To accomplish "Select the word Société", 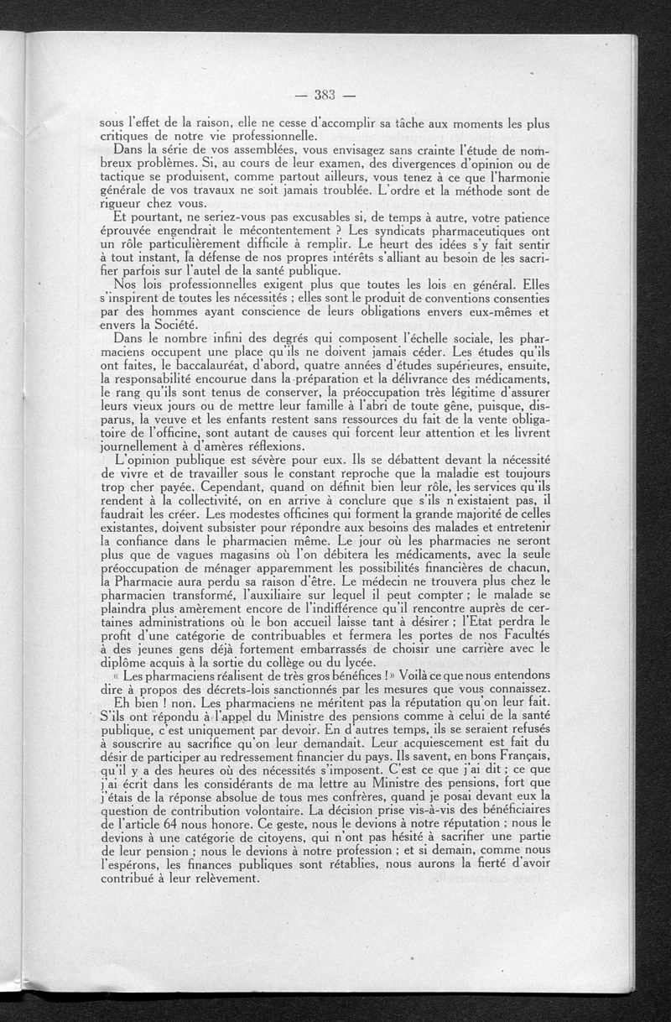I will click(173, 324).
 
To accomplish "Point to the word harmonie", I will click(519, 178).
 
